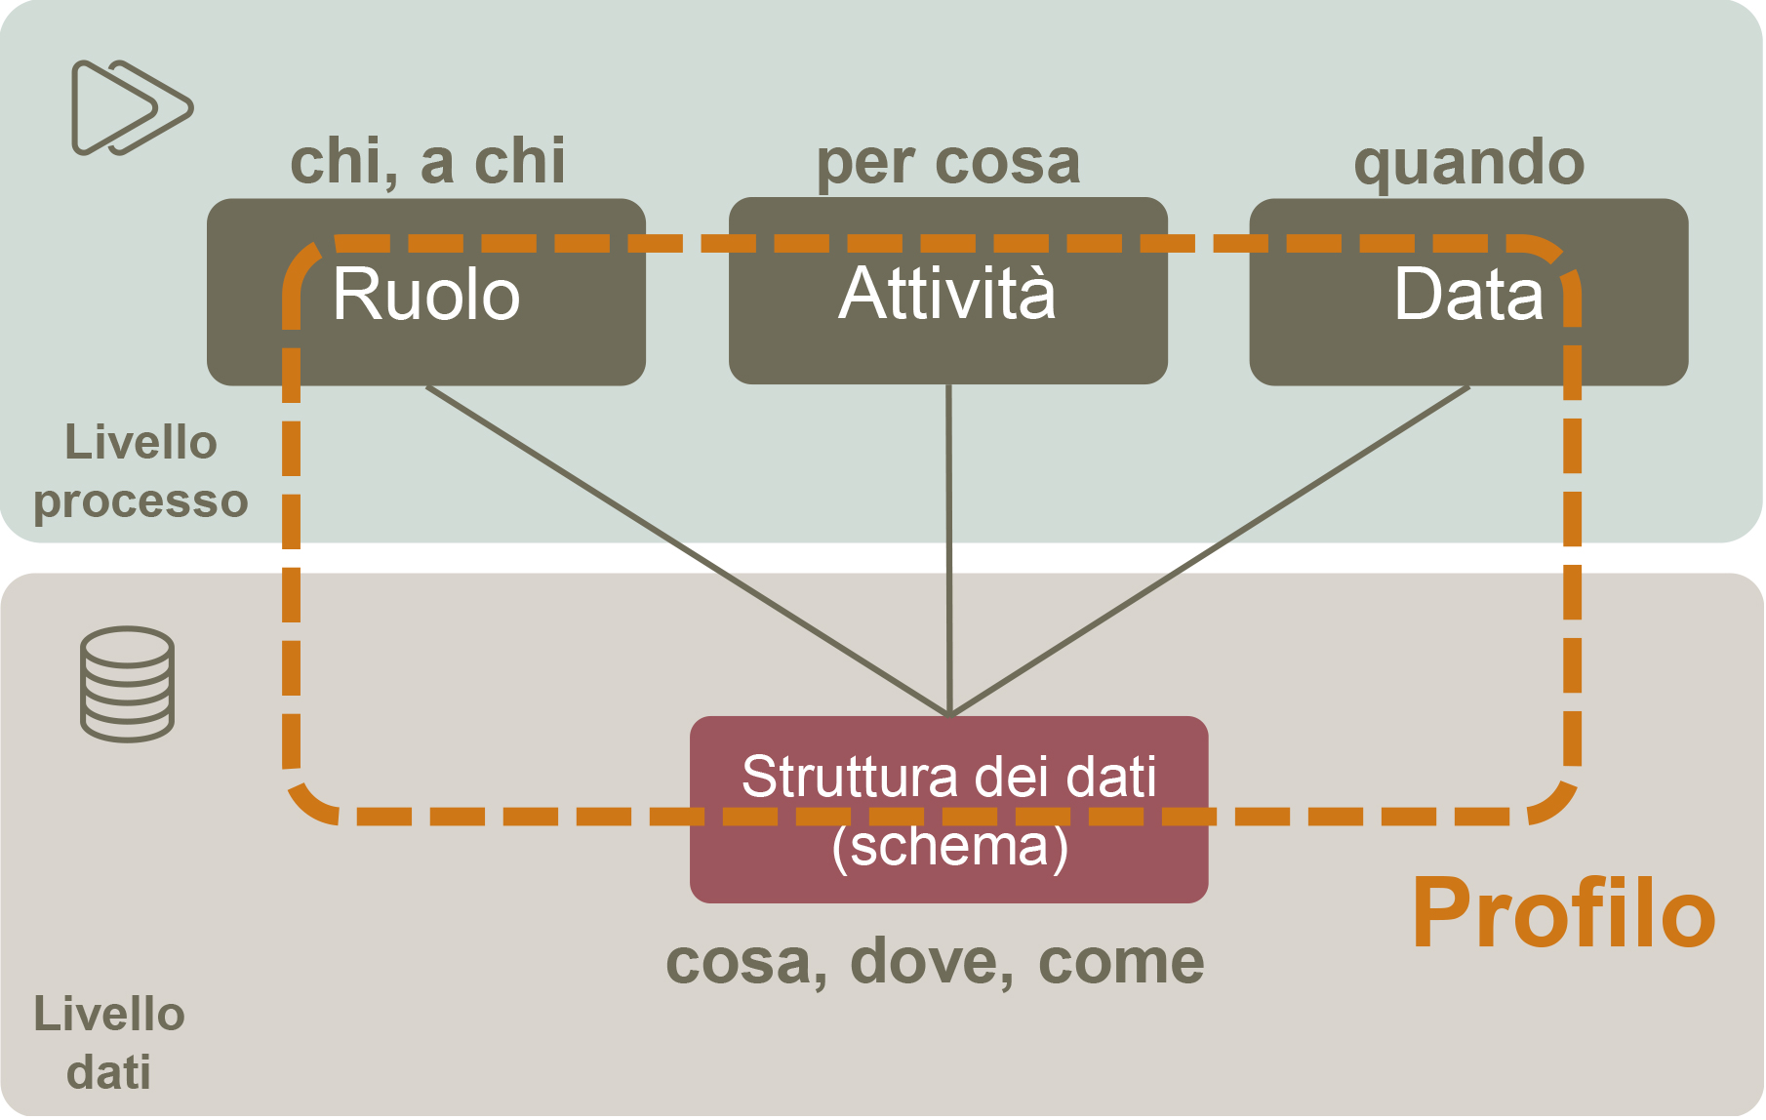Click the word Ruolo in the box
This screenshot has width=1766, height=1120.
[x=426, y=294]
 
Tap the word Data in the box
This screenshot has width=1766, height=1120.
[x=1468, y=294]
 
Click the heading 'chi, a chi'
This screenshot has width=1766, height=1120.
[x=427, y=161]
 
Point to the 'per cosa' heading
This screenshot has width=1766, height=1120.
[x=948, y=163]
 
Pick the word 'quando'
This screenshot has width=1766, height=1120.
[x=1469, y=163]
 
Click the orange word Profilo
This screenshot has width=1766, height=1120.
[x=1564, y=913]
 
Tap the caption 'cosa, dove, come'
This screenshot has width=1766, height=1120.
[x=935, y=963]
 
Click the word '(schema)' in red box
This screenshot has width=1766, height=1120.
[x=949, y=846]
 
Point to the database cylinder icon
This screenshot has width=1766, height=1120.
[x=127, y=684]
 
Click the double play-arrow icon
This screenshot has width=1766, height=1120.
[x=132, y=107]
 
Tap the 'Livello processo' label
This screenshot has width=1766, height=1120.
[x=140, y=472]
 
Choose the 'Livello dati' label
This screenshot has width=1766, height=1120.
[x=109, y=1043]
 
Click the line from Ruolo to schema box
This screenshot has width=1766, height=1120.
[x=687, y=551]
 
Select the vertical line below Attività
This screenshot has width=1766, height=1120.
[x=948, y=550]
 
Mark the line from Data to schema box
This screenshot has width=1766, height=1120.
[x=1209, y=551]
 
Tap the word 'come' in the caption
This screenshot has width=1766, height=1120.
[x=1121, y=964]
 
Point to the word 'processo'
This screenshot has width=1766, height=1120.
[x=140, y=502]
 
